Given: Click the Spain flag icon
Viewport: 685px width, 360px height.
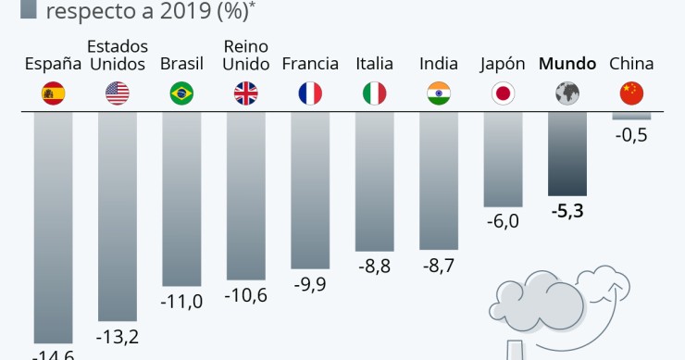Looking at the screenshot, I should [53, 93].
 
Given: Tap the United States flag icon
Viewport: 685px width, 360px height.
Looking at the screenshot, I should [117, 93].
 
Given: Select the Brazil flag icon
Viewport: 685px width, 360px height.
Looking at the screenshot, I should [181, 93].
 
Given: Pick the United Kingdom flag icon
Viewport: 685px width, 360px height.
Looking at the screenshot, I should [246, 93].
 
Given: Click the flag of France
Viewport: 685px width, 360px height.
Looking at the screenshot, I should [310, 93].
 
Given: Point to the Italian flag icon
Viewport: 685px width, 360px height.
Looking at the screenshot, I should [374, 93].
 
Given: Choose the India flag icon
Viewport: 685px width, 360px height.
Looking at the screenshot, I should [439, 93].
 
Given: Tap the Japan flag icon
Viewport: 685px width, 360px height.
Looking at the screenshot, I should [503, 93].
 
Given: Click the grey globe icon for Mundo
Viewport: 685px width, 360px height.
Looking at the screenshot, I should [567, 93].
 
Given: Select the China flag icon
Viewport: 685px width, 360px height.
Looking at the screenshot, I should [631, 93].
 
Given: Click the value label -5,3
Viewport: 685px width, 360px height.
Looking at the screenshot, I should [567, 211].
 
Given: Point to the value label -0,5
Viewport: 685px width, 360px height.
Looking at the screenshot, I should [631, 135].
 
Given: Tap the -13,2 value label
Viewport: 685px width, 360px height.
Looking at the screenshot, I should [118, 336].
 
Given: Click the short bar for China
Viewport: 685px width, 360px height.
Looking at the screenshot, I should [631, 116].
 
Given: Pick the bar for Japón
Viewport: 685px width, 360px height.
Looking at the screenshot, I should [503, 157].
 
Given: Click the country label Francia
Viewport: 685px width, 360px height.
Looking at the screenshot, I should [310, 64].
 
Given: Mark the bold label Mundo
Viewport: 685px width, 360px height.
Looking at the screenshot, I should [567, 64].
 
